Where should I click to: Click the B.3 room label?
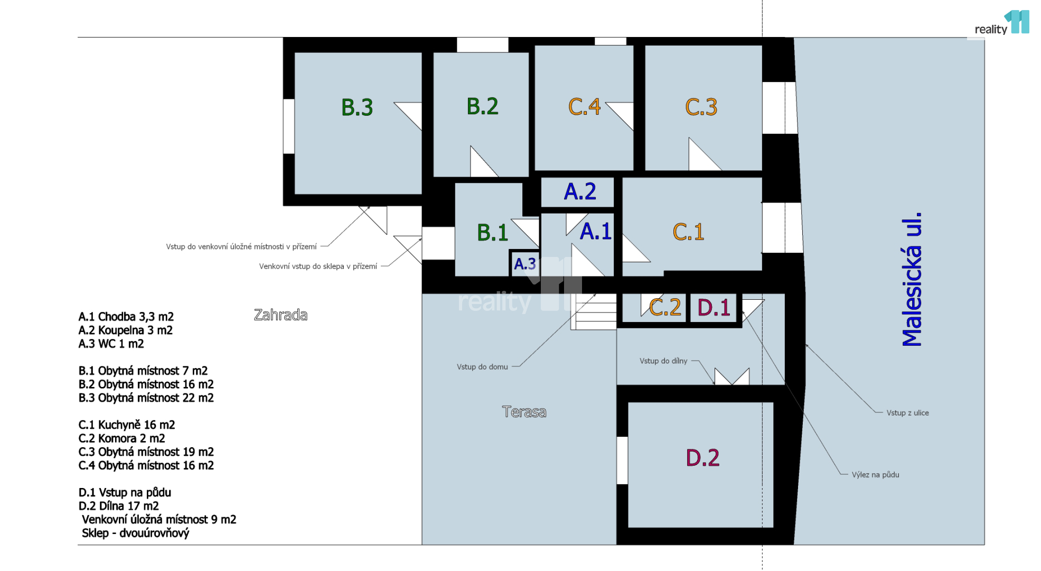pos(357,107)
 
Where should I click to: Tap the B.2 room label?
pos(482,106)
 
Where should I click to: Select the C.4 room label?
pos(584,107)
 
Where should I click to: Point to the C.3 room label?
pos(701,107)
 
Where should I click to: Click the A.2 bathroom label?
pos(580,191)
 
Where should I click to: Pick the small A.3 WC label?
pos(525,264)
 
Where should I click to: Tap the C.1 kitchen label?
pos(688,232)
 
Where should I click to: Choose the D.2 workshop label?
pos(702,458)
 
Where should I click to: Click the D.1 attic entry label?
pos(714,308)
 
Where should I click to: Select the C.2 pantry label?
pos(665,307)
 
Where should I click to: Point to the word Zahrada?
pos(280,315)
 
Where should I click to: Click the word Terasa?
pos(524,412)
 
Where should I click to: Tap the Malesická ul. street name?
pos(912,280)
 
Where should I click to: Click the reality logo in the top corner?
pos(1002,23)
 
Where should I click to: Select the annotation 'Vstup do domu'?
pos(482,367)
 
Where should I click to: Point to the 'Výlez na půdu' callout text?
pos(875,475)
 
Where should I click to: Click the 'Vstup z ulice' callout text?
pos(907,413)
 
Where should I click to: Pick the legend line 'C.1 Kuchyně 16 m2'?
pos(127,425)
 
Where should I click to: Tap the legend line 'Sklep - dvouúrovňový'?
pos(135,533)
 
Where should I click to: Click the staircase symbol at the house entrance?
pos(594,312)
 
